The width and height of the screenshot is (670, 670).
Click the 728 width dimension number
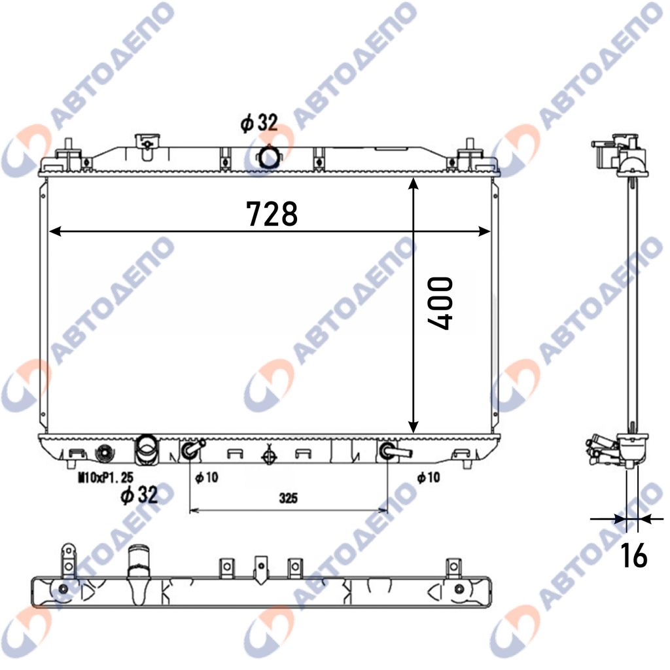(x=272, y=214)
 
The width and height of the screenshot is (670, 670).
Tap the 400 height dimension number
(x=440, y=304)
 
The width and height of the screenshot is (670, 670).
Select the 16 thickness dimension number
(x=633, y=555)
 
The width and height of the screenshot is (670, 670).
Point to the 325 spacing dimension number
(x=289, y=498)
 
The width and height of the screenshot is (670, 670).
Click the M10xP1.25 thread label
(x=105, y=477)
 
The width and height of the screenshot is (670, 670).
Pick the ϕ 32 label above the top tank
(x=259, y=122)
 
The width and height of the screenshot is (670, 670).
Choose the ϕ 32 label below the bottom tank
(x=139, y=495)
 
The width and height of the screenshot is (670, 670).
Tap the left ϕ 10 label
(x=207, y=477)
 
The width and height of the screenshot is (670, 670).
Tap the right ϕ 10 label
(x=429, y=477)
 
